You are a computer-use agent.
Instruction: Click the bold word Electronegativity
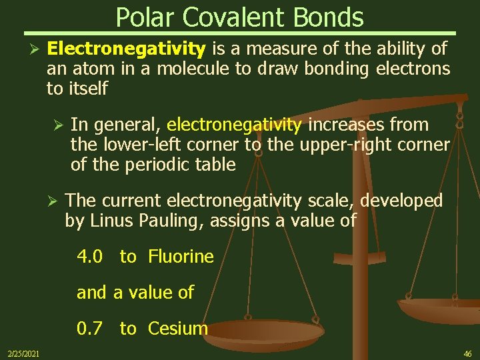click(127, 49)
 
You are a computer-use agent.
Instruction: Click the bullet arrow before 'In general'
click(57, 125)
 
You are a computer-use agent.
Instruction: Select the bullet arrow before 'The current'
click(57, 201)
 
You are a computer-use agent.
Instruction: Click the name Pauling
click(178, 221)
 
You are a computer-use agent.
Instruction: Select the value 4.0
click(89, 257)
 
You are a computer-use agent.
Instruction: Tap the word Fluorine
click(181, 257)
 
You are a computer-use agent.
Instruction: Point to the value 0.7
click(89, 329)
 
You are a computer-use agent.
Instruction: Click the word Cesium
click(178, 329)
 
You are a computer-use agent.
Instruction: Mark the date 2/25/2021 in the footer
click(23, 353)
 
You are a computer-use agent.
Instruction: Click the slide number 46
click(467, 353)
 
